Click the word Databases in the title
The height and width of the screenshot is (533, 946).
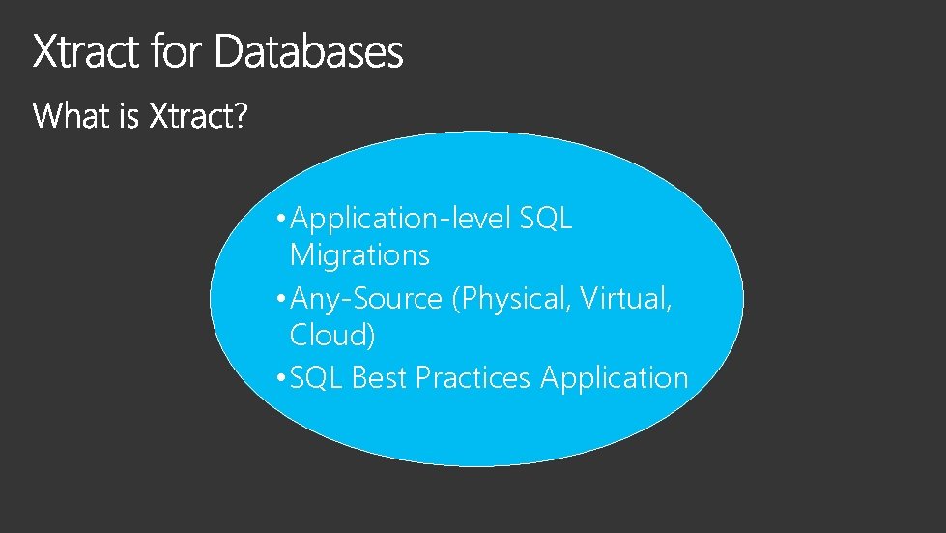click(x=308, y=52)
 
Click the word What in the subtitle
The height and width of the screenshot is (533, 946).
click(x=69, y=117)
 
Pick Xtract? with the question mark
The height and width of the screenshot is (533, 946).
click(x=199, y=117)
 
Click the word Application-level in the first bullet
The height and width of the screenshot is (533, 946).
click(x=400, y=220)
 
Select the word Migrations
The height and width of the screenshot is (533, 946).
click(x=359, y=256)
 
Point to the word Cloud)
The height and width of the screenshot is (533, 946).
click(x=332, y=336)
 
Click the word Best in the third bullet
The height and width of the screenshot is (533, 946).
click(x=380, y=377)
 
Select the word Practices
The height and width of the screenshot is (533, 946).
click(x=473, y=377)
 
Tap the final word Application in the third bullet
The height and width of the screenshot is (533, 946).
click(x=615, y=378)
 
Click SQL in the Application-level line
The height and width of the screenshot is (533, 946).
click(x=546, y=219)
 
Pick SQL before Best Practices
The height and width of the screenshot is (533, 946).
click(x=316, y=377)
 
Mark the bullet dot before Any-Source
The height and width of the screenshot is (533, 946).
click(x=279, y=300)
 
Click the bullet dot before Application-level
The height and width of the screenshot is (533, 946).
click(x=279, y=220)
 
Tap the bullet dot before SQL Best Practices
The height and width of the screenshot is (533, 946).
click(x=279, y=378)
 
